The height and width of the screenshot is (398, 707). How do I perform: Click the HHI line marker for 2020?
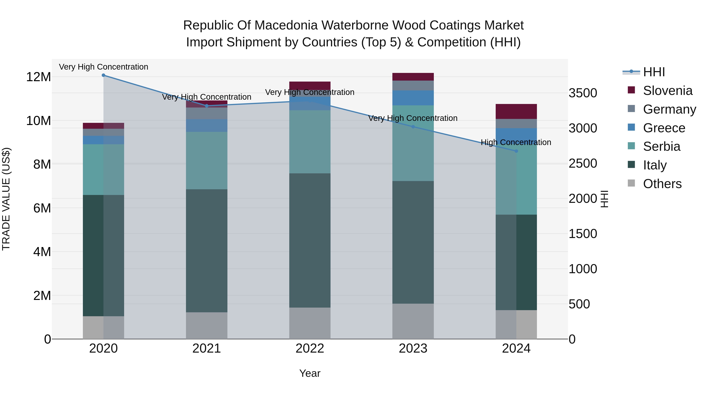(103, 75)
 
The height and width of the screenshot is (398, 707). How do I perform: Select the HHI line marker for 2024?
(516, 151)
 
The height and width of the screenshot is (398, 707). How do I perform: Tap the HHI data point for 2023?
(413, 127)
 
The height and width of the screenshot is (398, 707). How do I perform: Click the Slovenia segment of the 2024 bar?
(516, 111)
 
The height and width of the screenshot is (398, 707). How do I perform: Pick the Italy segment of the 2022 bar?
(310, 240)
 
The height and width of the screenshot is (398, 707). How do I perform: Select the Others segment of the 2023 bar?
(413, 321)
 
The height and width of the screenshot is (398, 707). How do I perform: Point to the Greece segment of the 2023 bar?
(413, 98)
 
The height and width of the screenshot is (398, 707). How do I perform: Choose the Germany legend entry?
(669, 109)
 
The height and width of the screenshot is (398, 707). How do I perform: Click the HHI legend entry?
(654, 72)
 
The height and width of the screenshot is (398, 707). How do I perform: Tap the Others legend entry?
(662, 184)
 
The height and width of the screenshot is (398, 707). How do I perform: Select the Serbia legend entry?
(661, 146)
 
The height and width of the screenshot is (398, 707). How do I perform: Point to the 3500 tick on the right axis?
(583, 93)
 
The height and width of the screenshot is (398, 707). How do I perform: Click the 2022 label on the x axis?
(310, 348)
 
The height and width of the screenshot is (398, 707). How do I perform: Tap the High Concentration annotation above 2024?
(516, 142)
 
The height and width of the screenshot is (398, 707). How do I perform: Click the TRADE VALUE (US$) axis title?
(6, 199)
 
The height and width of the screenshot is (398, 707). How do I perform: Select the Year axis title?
(310, 373)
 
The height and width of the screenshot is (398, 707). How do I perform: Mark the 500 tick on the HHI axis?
(579, 304)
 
